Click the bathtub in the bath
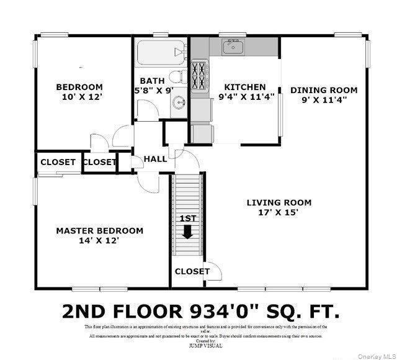(160, 53)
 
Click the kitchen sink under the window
(233, 47)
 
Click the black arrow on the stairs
(187, 232)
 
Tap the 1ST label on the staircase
(187, 218)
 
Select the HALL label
(155, 159)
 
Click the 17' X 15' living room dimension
(279, 212)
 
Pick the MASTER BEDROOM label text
(99, 230)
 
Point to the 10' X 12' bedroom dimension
(81, 97)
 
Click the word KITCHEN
(244, 87)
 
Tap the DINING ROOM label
(324, 90)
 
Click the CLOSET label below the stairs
(192, 271)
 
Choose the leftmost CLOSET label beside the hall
(58, 163)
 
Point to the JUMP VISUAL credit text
(205, 346)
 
